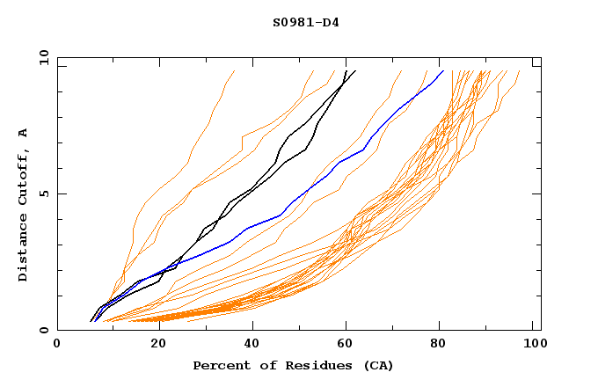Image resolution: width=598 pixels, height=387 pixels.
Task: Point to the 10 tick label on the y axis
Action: (x=43, y=57)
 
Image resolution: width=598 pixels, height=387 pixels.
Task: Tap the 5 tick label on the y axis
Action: (x=47, y=193)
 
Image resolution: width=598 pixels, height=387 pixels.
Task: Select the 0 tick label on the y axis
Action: (x=47, y=330)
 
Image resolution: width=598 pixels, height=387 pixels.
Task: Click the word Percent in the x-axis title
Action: (x=217, y=365)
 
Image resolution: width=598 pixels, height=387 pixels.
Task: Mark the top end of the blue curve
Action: (x=442, y=70)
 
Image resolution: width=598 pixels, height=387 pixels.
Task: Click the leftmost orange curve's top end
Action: (x=235, y=70)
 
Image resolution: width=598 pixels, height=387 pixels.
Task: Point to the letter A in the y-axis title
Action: (x=24, y=132)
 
